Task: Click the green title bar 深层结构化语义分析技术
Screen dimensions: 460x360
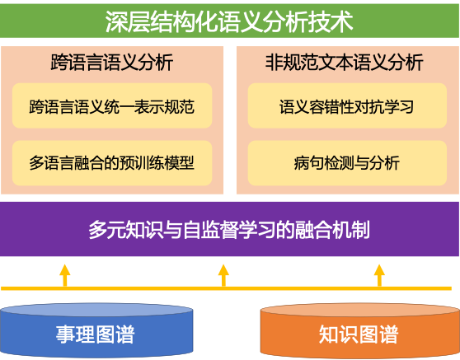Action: pyautogui.click(x=229, y=21)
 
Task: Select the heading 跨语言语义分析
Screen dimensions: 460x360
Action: pyautogui.click(x=112, y=62)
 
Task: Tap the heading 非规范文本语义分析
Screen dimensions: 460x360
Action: pyautogui.click(x=344, y=62)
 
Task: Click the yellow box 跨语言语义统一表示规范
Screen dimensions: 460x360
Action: pyautogui.click(x=112, y=105)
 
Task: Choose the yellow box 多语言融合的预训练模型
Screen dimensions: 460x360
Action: pyautogui.click(x=112, y=163)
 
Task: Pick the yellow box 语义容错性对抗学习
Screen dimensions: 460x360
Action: pyautogui.click(x=347, y=105)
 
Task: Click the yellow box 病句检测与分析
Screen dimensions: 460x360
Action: pyautogui.click(x=347, y=163)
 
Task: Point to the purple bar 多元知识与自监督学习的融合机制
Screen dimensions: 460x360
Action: pyautogui.click(x=229, y=229)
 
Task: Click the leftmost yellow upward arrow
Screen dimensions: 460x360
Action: pyautogui.click(x=65, y=275)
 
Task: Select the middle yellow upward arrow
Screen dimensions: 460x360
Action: pyautogui.click(x=223, y=275)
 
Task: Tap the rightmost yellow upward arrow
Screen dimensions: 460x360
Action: pyautogui.click(x=379, y=275)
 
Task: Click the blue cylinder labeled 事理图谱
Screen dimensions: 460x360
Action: pyautogui.click(x=96, y=331)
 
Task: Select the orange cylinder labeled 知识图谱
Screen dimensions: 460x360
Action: pyautogui.click(x=360, y=331)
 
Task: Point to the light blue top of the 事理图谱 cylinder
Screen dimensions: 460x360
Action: pyautogui.click(x=96, y=311)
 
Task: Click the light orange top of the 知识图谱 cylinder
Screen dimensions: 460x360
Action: pyautogui.click(x=360, y=311)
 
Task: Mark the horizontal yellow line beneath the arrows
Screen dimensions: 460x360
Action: pyautogui.click(x=226, y=288)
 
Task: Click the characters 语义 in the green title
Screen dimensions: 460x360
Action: pyautogui.click(x=238, y=21)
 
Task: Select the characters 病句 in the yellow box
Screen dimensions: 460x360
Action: pyautogui.click(x=309, y=163)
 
